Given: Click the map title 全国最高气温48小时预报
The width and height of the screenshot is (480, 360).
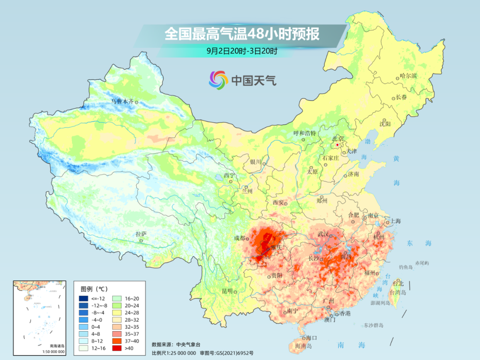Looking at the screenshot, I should pyautogui.click(x=242, y=34).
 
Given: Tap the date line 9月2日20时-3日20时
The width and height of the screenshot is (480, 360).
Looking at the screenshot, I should pyautogui.click(x=242, y=51).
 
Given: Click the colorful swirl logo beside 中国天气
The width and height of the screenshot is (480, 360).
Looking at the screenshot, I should pyautogui.click(x=218, y=80).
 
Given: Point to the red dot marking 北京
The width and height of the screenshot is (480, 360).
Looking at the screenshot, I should pyautogui.click(x=337, y=145).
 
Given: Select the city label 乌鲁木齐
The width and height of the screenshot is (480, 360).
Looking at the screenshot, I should pyautogui.click(x=122, y=101).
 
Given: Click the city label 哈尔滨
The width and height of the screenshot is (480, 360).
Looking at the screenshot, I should pyautogui.click(x=408, y=76).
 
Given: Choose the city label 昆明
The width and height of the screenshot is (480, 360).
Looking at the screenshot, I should pyautogui.click(x=227, y=291).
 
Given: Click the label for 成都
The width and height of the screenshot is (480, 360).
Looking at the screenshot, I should pyautogui.click(x=239, y=238).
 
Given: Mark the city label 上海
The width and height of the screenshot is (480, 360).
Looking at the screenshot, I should pyautogui.click(x=395, y=221).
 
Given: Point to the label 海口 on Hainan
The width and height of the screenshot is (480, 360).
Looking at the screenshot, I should pyautogui.click(x=311, y=338).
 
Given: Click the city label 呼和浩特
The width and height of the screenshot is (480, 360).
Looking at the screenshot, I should pyautogui.click(x=304, y=133).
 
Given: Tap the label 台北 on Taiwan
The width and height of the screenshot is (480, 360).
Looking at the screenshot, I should pyautogui.click(x=398, y=283).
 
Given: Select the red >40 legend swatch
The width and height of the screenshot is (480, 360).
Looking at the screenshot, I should pyautogui.click(x=84, y=348).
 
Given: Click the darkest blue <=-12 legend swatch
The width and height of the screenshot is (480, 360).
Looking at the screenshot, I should pyautogui.click(x=84, y=298).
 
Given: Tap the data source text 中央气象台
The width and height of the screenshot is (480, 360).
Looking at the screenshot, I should pyautogui.click(x=188, y=344).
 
